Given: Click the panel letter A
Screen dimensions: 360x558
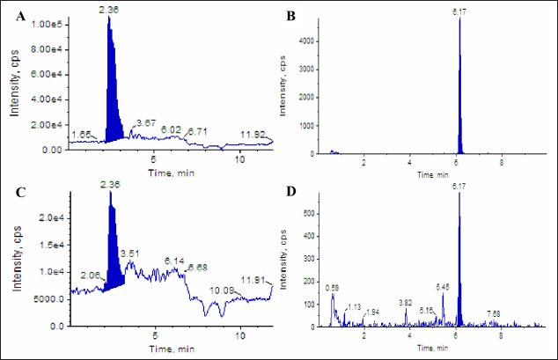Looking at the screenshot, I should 18,15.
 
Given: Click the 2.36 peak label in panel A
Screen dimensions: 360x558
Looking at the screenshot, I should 110,10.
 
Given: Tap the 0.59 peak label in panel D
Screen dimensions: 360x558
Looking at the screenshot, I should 333,288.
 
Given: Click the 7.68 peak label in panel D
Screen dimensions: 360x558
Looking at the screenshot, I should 494,313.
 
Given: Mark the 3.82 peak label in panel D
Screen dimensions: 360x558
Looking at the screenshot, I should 405,303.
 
